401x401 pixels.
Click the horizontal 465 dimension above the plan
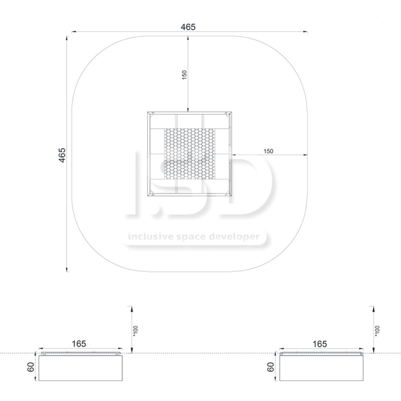(x=188, y=27)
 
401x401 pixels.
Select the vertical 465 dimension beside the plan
(x=62, y=155)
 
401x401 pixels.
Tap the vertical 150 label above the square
(x=184, y=75)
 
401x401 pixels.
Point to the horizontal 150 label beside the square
(x=268, y=151)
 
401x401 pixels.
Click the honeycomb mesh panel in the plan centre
(x=189, y=154)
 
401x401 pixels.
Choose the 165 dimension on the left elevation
(x=79, y=344)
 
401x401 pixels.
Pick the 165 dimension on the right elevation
(x=320, y=344)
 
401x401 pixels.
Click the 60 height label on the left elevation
(x=31, y=367)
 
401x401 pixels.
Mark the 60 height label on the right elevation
(x=271, y=367)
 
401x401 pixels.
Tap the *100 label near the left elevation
(x=135, y=331)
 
